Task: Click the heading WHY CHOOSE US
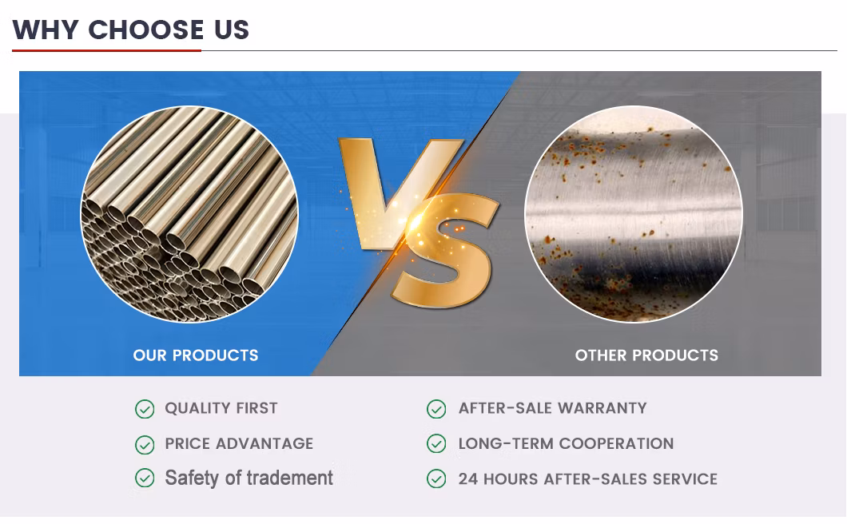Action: tap(131, 30)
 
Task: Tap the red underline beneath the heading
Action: tap(106, 50)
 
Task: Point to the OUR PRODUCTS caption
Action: tap(196, 355)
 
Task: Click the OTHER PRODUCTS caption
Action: tap(646, 355)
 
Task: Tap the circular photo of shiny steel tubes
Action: tap(189, 214)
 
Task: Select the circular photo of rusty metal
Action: tap(634, 214)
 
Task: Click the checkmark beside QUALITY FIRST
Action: tap(145, 409)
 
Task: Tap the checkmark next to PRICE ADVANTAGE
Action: tap(145, 444)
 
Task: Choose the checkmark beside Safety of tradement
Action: tap(145, 478)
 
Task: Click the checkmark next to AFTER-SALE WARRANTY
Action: tap(436, 409)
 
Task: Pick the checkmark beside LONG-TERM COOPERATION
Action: tap(436, 444)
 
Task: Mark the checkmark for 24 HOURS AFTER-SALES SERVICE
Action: tap(436, 478)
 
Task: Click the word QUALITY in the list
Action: tap(197, 408)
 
